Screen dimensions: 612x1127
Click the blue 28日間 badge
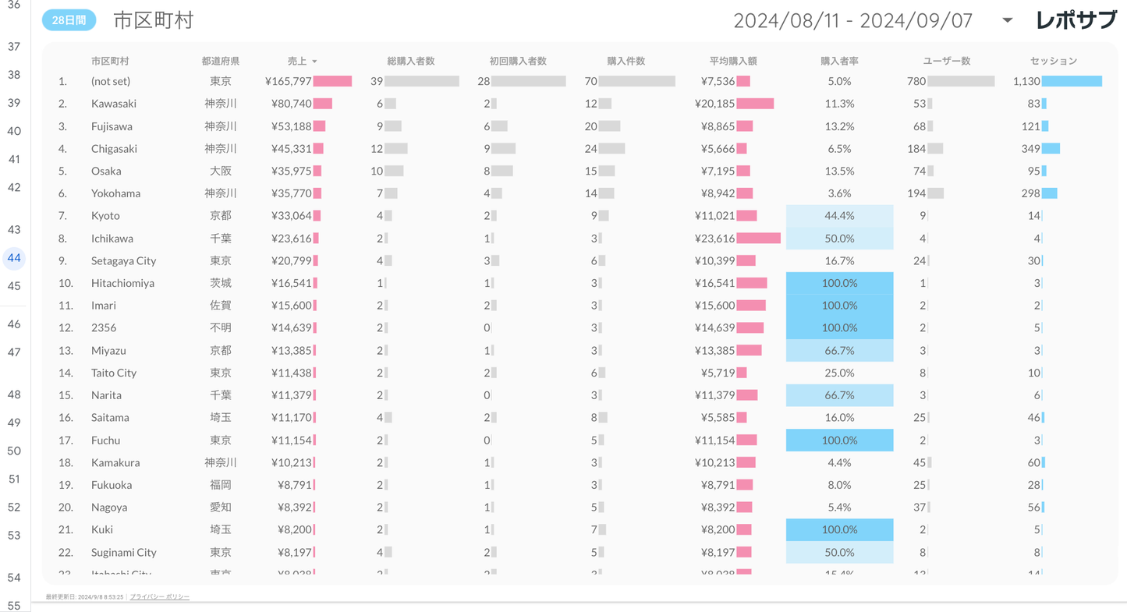pyautogui.click(x=69, y=21)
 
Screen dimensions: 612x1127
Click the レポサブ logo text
pyautogui.click(x=1076, y=20)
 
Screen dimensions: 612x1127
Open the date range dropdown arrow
pyautogui.click(x=1007, y=20)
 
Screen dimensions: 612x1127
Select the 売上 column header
pyautogui.click(x=297, y=61)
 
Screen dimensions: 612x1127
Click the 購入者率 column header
pyautogui.click(x=839, y=61)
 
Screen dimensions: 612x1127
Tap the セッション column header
pyautogui.click(x=1053, y=61)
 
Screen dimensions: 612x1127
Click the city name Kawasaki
pyautogui.click(x=113, y=104)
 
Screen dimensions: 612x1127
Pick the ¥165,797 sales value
pyautogui.click(x=289, y=81)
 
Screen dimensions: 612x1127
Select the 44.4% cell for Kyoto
pyautogui.click(x=839, y=216)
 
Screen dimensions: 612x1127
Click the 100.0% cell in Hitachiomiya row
pyautogui.click(x=839, y=283)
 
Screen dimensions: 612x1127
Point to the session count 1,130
pyautogui.click(x=1026, y=81)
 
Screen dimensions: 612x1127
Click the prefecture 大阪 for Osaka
pyautogui.click(x=220, y=172)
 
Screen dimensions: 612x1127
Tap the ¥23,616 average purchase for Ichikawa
pyautogui.click(x=714, y=239)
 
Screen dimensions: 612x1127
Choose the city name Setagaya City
pyautogui.click(x=123, y=261)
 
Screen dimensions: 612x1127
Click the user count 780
pyautogui.click(x=916, y=81)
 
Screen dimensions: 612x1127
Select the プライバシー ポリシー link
pyautogui.click(x=159, y=597)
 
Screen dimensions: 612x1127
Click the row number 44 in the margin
pyautogui.click(x=14, y=258)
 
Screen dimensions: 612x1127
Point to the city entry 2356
pyautogui.click(x=103, y=328)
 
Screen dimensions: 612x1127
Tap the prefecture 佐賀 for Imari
pyautogui.click(x=220, y=306)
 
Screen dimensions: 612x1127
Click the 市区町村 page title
pyautogui.click(x=153, y=21)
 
